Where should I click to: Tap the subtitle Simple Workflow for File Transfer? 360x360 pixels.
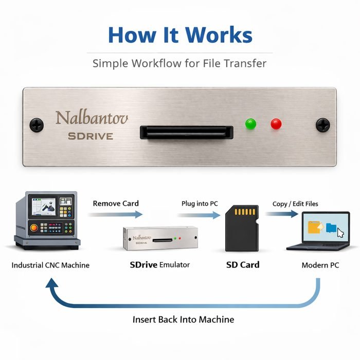179,64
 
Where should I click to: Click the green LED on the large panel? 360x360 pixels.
251,124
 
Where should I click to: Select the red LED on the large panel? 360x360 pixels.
276,124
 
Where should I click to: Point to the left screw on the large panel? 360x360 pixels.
37,124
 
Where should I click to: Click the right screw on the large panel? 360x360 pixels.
322,124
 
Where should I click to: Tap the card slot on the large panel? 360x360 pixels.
186,132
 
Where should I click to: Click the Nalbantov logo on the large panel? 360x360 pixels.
92,118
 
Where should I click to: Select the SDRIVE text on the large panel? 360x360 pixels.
91,136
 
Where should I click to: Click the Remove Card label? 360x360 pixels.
116,203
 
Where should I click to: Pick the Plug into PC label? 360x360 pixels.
200,204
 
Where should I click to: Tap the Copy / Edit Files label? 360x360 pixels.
295,204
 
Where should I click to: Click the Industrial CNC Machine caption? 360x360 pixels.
50,265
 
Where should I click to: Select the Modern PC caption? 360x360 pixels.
321,265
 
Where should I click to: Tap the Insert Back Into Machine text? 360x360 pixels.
183,319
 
